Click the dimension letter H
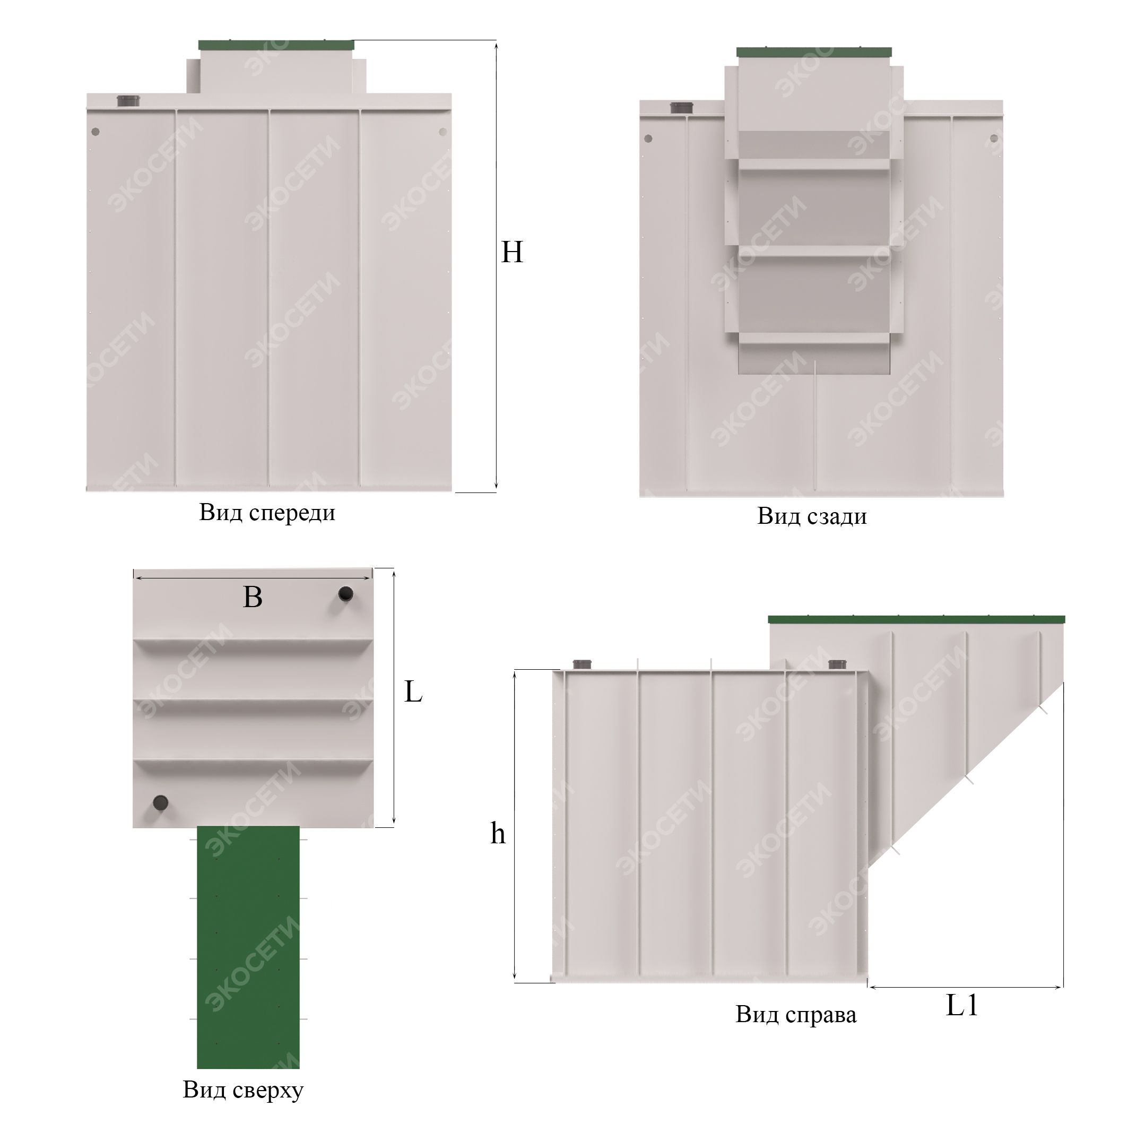point(511,252)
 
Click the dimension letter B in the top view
point(252,597)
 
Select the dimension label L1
point(962,1005)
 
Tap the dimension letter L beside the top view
point(413,691)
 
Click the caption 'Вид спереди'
point(267,513)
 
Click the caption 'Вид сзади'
point(812,516)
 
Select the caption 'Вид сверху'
point(242,1090)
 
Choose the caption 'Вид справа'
point(795,1015)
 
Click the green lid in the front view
point(276,45)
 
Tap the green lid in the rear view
point(814,53)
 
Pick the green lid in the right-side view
point(916,619)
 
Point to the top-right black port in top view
point(345,593)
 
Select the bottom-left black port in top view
point(160,802)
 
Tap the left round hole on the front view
point(96,132)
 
